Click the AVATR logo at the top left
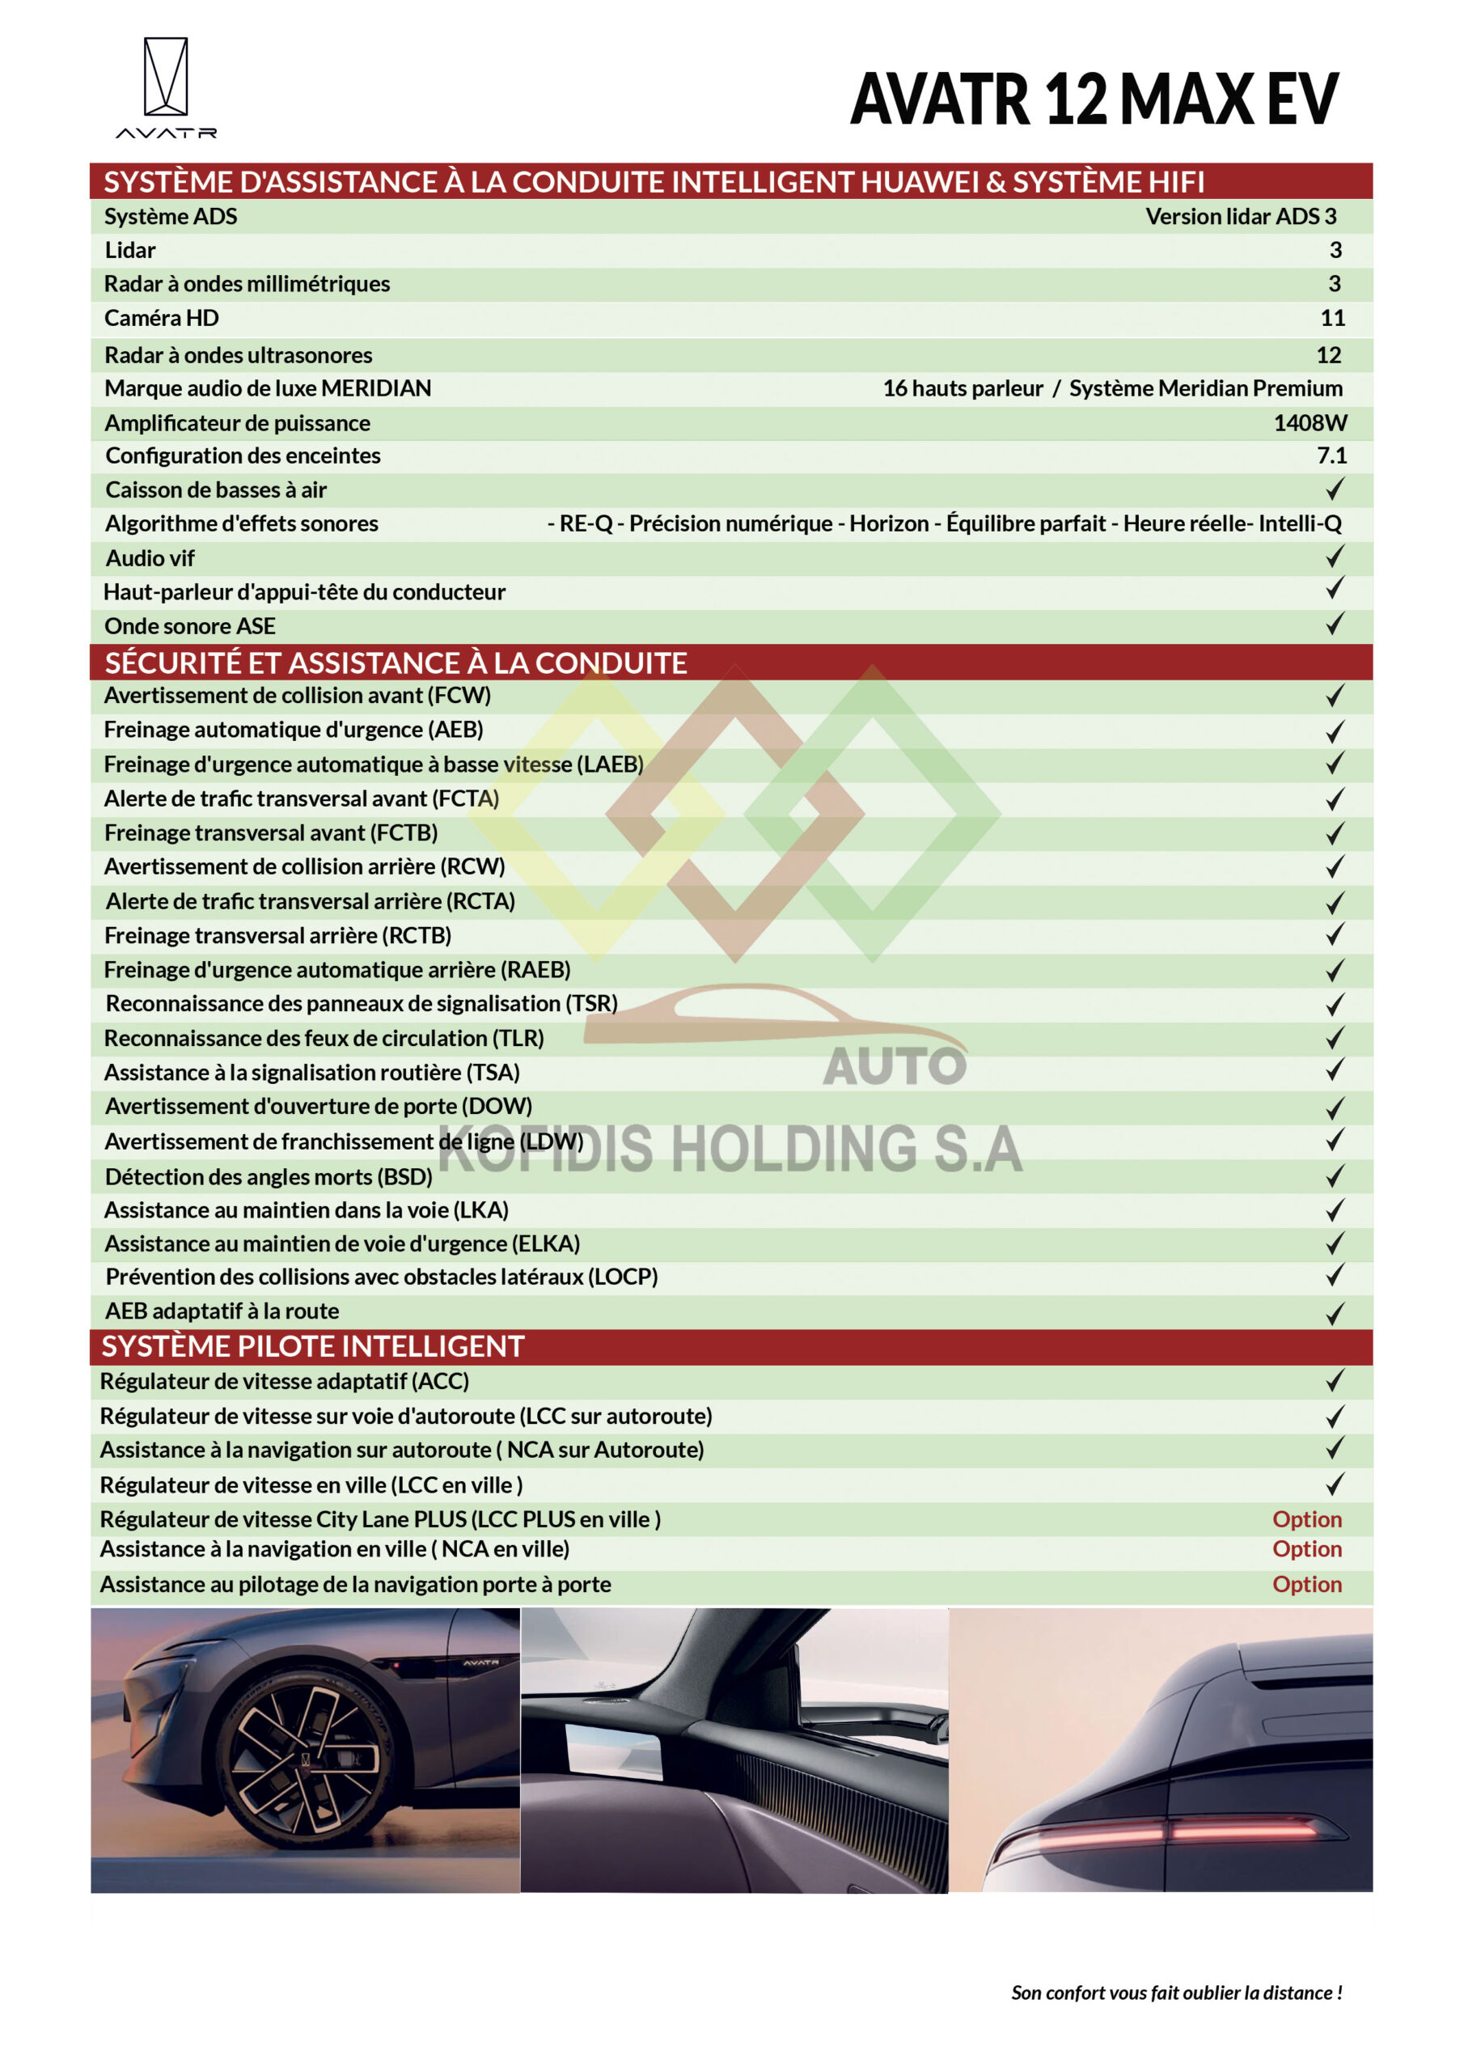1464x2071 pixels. point(166,87)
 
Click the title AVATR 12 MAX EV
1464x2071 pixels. point(1094,100)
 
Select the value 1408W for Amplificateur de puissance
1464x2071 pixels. point(1310,423)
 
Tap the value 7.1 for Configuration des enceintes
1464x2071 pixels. point(1331,455)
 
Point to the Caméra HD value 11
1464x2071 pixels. point(1332,319)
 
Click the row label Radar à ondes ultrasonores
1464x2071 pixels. point(238,355)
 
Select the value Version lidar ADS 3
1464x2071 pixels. point(1240,217)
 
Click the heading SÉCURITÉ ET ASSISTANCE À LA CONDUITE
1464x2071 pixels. point(396,663)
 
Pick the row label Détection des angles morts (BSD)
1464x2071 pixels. point(269,1177)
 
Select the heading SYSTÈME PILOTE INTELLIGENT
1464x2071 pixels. point(312,1347)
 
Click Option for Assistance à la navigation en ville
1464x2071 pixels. point(1306,1550)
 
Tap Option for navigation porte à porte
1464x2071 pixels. point(1306,1585)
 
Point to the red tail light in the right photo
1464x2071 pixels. point(1173,1831)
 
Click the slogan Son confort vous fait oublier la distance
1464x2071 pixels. point(1176,1993)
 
